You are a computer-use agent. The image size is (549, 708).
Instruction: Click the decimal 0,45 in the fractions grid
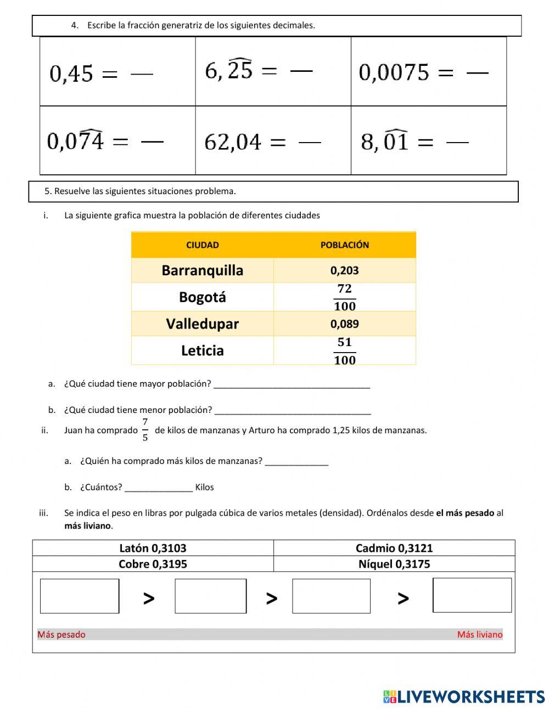click(x=71, y=73)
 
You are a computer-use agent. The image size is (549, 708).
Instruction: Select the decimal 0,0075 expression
click(x=394, y=72)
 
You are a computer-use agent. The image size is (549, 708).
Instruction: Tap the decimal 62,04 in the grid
click(x=233, y=142)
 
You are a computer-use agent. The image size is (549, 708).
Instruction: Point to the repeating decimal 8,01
click(x=384, y=141)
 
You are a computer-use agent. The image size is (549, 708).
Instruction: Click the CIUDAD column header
click(x=202, y=245)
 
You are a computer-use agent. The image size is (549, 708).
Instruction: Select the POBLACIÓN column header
click(x=344, y=245)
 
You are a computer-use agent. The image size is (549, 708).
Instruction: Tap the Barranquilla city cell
click(x=202, y=270)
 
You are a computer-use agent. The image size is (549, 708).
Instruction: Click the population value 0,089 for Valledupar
click(x=344, y=324)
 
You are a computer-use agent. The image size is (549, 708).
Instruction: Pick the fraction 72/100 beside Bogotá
click(x=344, y=297)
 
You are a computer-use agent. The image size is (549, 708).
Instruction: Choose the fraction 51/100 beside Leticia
click(x=344, y=351)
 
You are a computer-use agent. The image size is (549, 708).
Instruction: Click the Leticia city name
click(x=202, y=350)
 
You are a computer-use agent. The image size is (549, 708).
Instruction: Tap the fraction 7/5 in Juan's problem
click(x=145, y=430)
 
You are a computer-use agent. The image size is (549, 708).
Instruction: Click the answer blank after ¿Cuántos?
click(x=159, y=487)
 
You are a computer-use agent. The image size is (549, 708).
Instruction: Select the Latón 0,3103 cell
click(x=153, y=548)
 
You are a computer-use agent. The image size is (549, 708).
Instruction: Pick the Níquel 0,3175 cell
click(x=394, y=564)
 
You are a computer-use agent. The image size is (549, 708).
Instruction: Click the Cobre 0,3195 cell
click(x=153, y=564)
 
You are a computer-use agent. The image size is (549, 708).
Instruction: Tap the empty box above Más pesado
click(x=80, y=596)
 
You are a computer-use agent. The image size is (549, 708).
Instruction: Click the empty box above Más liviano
click(x=472, y=595)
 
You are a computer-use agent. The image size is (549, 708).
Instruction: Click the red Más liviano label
click(x=479, y=635)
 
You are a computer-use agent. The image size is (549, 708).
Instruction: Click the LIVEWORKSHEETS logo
click(x=464, y=696)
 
